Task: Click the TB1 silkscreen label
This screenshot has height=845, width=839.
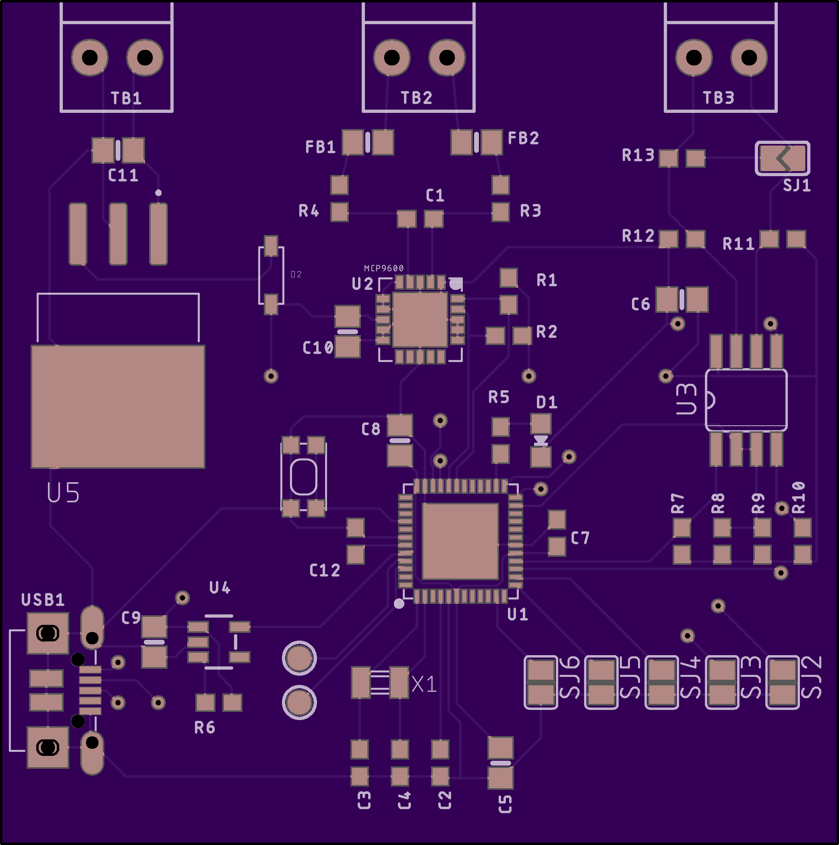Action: point(126,98)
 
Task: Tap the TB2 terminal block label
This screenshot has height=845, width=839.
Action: point(416,98)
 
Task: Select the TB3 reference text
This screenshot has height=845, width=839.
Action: point(719,98)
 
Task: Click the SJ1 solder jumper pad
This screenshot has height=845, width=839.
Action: point(782,158)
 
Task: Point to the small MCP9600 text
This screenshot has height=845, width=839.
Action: point(384,268)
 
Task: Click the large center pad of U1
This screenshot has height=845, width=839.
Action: point(460,541)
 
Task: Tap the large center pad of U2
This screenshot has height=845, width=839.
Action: point(420,319)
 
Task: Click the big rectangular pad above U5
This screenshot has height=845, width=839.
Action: point(118,406)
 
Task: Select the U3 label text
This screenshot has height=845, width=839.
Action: point(686,399)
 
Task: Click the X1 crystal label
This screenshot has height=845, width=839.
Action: point(424,685)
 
